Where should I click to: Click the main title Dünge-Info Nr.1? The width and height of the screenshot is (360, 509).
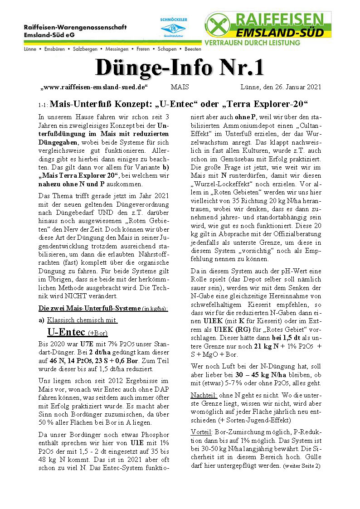point(180,68)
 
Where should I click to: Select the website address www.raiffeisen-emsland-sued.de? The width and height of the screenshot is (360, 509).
point(95,87)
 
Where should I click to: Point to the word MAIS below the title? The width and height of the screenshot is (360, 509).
point(180,87)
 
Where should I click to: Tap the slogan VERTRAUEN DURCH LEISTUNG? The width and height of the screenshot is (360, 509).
point(253,43)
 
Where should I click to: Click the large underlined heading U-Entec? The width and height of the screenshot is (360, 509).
point(67,332)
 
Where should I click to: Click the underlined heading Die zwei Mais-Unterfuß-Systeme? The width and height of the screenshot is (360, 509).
point(89,308)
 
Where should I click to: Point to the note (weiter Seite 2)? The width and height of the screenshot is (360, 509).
point(302,465)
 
